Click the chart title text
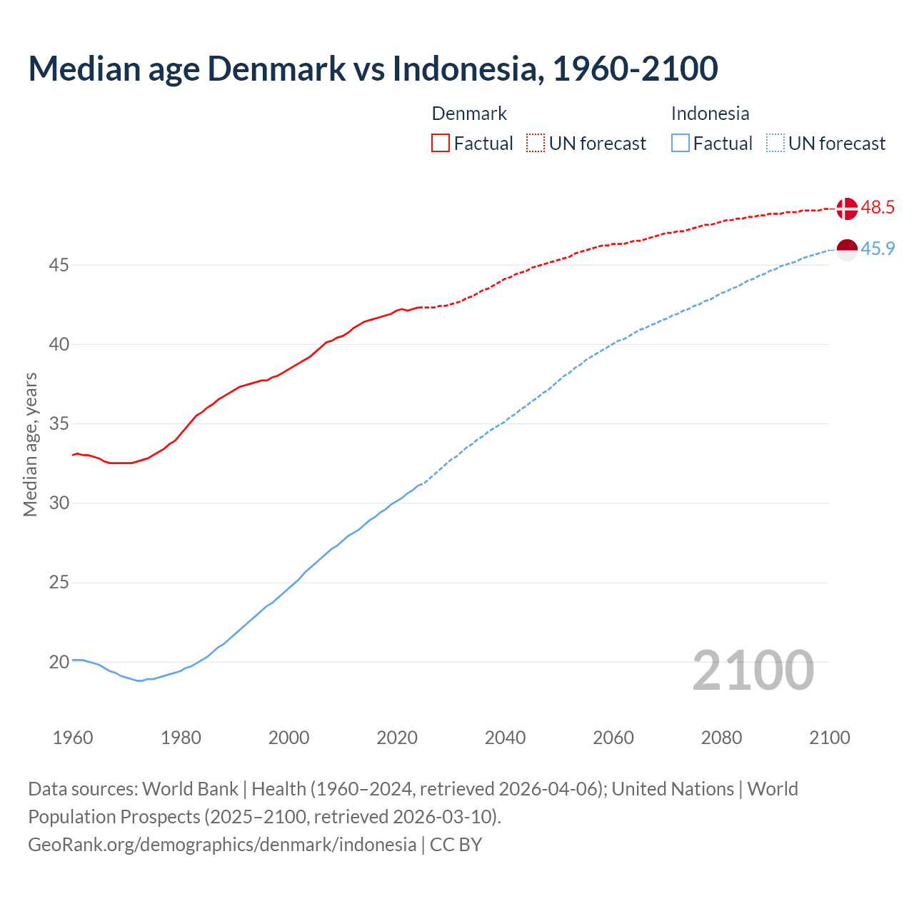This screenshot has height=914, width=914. click(x=373, y=69)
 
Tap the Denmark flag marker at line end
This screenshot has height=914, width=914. click(x=847, y=209)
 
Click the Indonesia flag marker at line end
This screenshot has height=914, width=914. click(x=847, y=250)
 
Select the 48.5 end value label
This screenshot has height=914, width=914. click(x=878, y=208)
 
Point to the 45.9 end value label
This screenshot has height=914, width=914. click(x=878, y=249)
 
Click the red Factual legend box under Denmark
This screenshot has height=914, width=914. click(x=441, y=143)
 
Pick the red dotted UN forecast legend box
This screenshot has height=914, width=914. click(x=536, y=143)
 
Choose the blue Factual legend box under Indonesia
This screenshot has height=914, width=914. click(x=681, y=143)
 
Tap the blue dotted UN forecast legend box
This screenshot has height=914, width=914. click(x=775, y=143)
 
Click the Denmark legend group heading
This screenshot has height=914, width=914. click(x=469, y=114)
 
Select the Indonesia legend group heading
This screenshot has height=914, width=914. click(x=710, y=114)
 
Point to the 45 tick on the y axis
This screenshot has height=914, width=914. click(x=59, y=266)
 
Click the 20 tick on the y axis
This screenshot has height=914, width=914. click(x=59, y=662)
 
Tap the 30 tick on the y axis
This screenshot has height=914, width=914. click(x=59, y=503)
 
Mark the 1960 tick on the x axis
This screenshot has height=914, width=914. click(x=73, y=738)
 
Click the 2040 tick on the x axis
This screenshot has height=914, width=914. click(x=505, y=738)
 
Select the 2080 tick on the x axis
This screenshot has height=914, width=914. click(x=721, y=738)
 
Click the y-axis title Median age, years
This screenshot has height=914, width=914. click(x=30, y=444)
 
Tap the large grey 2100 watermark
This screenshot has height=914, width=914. click(x=753, y=670)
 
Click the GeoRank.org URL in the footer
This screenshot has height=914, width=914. click(x=222, y=845)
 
